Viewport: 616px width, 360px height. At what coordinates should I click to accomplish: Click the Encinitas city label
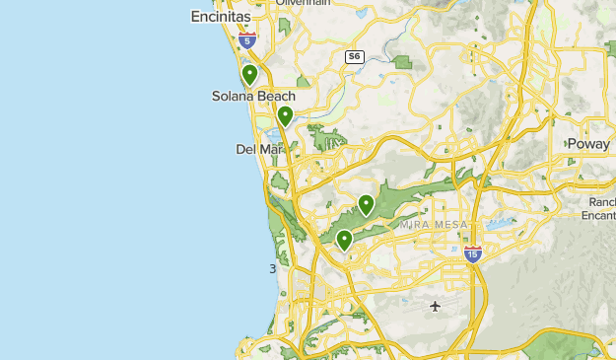pyautogui.click(x=219, y=17)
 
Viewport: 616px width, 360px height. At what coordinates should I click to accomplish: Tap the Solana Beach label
pyautogui.click(x=253, y=96)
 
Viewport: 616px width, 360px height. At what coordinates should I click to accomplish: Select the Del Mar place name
pyautogui.click(x=258, y=149)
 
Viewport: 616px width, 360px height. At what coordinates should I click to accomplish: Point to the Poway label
pyautogui.click(x=589, y=144)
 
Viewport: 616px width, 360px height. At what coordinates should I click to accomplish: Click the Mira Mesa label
pyautogui.click(x=429, y=225)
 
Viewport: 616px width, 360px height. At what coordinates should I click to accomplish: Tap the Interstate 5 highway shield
pyautogui.click(x=247, y=40)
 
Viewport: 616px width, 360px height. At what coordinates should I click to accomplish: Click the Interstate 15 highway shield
pyautogui.click(x=472, y=254)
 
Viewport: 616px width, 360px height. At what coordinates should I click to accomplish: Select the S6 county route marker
pyautogui.click(x=354, y=57)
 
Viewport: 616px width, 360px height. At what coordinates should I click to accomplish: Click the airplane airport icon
pyautogui.click(x=436, y=306)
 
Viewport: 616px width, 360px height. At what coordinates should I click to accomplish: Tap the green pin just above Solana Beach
pyautogui.click(x=250, y=74)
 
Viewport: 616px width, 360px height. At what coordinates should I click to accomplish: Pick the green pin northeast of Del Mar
pyautogui.click(x=285, y=116)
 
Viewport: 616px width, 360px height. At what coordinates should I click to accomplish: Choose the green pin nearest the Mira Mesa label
pyautogui.click(x=366, y=205)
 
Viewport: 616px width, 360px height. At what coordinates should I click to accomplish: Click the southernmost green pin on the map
pyautogui.click(x=344, y=240)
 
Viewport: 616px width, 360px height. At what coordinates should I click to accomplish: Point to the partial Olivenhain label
pyautogui.click(x=301, y=3)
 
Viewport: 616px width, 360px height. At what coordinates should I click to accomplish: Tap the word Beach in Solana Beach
pyautogui.click(x=276, y=96)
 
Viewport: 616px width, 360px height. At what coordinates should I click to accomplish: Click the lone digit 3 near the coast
pyautogui.click(x=273, y=268)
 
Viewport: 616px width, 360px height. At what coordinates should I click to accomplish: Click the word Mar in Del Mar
pyautogui.click(x=269, y=149)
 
